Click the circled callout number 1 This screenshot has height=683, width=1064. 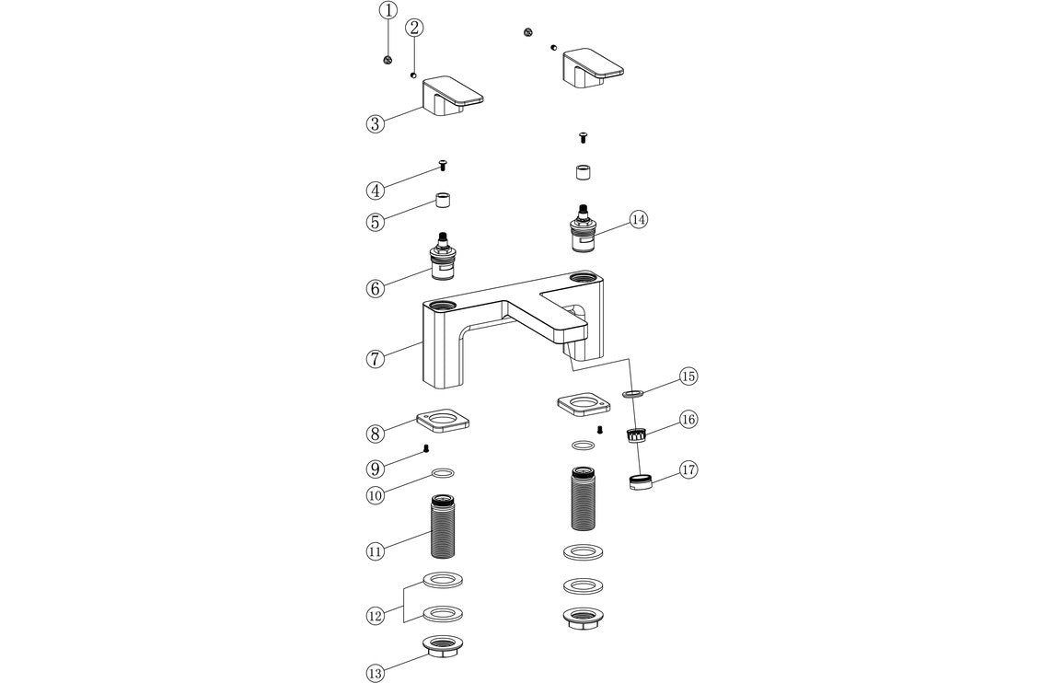pyautogui.click(x=387, y=11)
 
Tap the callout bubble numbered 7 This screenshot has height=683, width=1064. pyautogui.click(x=375, y=359)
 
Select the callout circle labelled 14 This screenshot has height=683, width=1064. pyautogui.click(x=639, y=219)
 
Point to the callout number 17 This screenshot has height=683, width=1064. pyautogui.click(x=688, y=469)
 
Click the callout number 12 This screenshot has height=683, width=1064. pyautogui.click(x=375, y=616)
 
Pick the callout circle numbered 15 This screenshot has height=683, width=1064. pyautogui.click(x=688, y=376)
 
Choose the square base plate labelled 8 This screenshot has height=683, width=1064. pyautogui.click(x=443, y=423)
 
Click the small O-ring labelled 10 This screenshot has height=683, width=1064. pyautogui.click(x=444, y=474)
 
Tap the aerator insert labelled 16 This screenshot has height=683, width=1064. pyautogui.click(x=636, y=434)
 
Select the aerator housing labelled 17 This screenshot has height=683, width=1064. pyautogui.click(x=640, y=481)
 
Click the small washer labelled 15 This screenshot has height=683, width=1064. pyautogui.click(x=631, y=393)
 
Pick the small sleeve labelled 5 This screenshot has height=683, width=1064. pyautogui.click(x=445, y=202)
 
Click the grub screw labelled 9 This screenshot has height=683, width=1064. pyautogui.click(x=426, y=448)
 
